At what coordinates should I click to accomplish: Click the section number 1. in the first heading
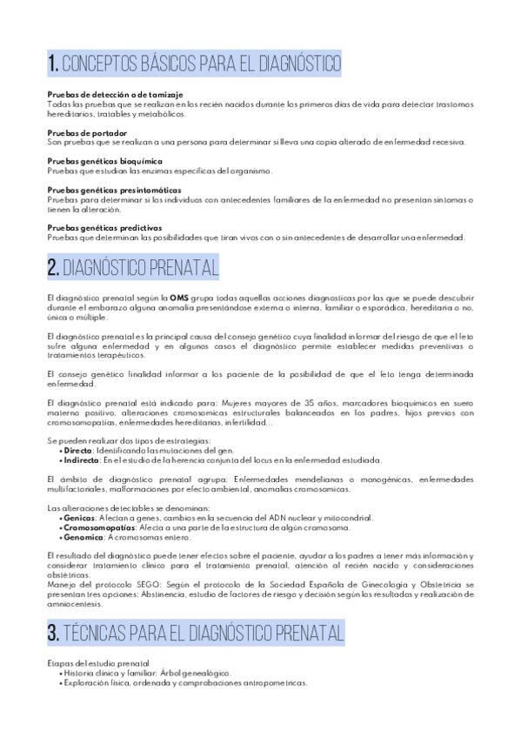coord(55,63)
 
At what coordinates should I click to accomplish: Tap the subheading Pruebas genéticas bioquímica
coord(92,161)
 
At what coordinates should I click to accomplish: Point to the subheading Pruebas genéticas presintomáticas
coord(102,190)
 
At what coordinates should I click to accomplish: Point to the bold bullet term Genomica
coord(83,536)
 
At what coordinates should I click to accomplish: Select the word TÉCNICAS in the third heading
coord(101,632)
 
